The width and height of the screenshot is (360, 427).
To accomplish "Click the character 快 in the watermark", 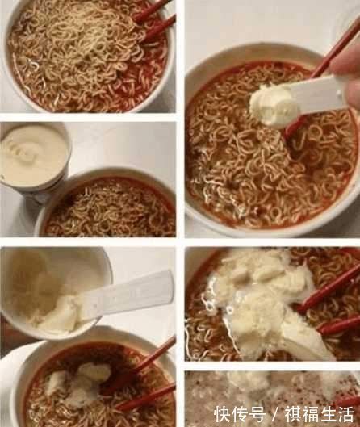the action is pyautogui.click(x=222, y=414).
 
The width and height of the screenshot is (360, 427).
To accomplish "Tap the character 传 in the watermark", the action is pyautogui.click(x=240, y=414).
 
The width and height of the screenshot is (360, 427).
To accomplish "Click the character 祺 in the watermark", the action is pyautogui.click(x=293, y=414).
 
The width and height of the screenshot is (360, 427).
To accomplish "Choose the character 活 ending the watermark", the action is pyautogui.click(x=345, y=414).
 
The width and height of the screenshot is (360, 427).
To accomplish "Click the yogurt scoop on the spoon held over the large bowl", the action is pyautogui.click(x=273, y=106).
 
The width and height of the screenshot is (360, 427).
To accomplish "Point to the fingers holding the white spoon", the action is pyautogui.click(x=348, y=76).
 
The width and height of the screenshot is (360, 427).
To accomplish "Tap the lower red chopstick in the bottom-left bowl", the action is pyautogui.click(x=145, y=398).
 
